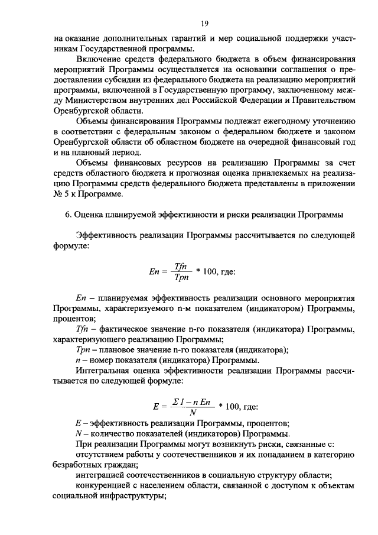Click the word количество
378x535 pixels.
point(113,434)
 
